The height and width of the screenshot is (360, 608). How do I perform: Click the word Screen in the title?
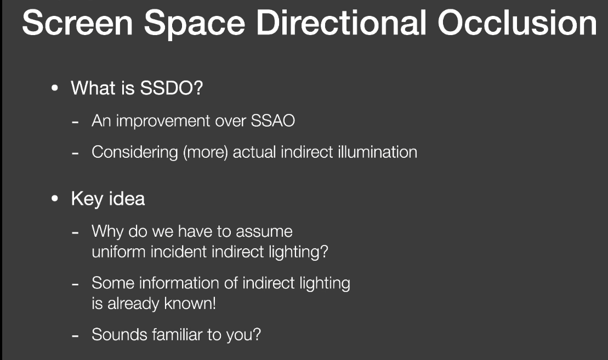pyautogui.click(x=77, y=23)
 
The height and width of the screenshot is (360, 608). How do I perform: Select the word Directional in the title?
pyautogui.click(x=341, y=23)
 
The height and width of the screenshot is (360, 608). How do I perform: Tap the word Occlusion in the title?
pyautogui.click(x=517, y=23)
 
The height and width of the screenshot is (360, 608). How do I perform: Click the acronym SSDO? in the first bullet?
pyautogui.click(x=172, y=88)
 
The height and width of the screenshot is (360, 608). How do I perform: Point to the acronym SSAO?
pyautogui.click(x=273, y=121)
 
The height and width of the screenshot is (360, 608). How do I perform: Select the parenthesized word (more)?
pyautogui.click(x=206, y=152)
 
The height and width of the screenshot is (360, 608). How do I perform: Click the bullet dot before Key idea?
pyautogui.click(x=55, y=199)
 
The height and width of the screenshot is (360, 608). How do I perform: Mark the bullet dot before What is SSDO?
pyautogui.click(x=55, y=88)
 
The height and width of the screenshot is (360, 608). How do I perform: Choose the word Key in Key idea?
pyautogui.click(x=87, y=199)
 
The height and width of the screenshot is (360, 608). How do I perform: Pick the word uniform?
pyautogui.click(x=118, y=252)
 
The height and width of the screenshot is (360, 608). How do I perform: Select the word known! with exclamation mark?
pyautogui.click(x=190, y=304)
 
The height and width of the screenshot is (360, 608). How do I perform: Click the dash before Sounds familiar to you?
pyautogui.click(x=75, y=336)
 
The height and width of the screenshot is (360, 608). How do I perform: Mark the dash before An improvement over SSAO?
pyautogui.click(x=75, y=122)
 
